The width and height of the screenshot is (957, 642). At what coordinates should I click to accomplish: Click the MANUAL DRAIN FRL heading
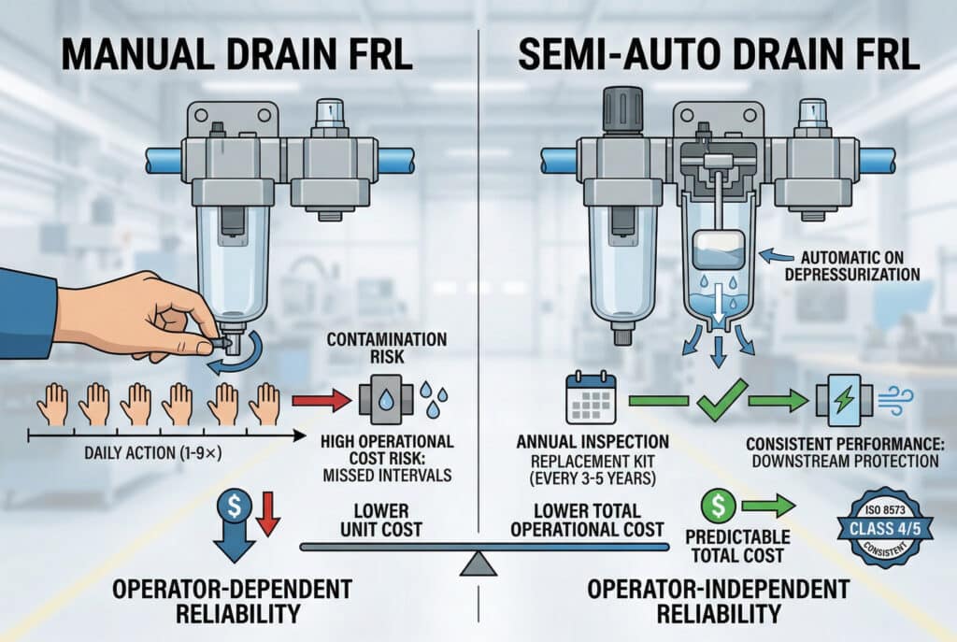point(238,54)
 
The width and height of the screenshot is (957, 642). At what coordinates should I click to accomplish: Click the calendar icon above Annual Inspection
point(591,399)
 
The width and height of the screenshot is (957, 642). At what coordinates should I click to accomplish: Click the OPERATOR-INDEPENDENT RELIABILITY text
point(718,602)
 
